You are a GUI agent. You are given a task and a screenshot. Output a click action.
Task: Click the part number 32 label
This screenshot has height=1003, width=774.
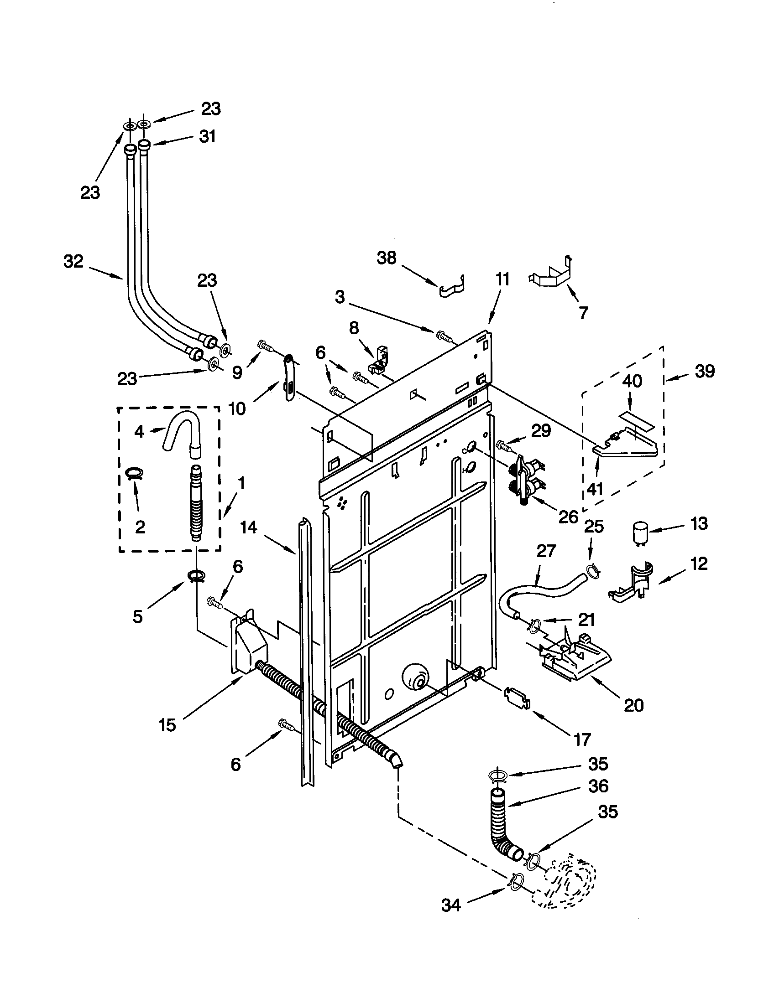tap(73, 262)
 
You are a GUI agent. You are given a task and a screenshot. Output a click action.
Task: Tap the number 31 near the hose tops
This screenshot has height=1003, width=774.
tap(207, 136)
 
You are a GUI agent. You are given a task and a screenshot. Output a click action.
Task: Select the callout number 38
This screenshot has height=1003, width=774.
tap(387, 258)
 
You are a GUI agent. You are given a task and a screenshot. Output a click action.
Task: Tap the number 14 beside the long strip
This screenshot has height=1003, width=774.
tap(248, 527)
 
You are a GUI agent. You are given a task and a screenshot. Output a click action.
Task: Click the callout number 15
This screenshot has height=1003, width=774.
tap(167, 725)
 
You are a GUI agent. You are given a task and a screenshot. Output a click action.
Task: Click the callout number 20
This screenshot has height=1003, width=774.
tap(633, 705)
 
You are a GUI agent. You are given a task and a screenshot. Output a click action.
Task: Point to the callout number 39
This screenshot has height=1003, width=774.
tap(705, 371)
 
